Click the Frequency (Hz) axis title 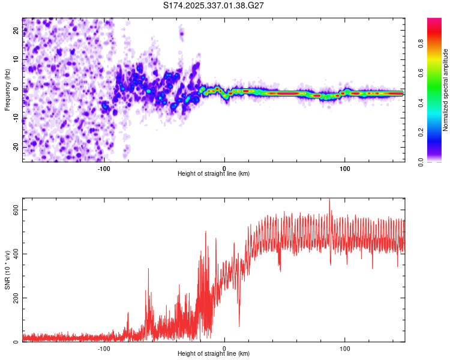[x=8, y=90]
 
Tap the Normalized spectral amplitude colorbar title [x=446, y=90]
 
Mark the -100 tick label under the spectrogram [x=104, y=168]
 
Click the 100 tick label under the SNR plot [x=345, y=349]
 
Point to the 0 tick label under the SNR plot [x=224, y=349]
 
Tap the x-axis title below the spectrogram [x=214, y=174]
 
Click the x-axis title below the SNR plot [x=214, y=355]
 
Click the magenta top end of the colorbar [x=434, y=21]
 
